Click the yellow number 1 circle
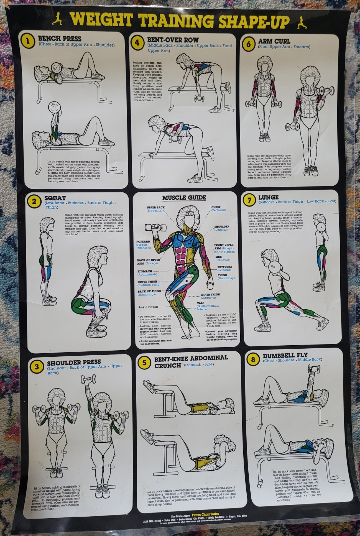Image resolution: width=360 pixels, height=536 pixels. (28, 42)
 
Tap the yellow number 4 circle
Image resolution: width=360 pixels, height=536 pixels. (137, 43)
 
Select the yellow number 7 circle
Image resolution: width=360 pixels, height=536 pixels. (249, 200)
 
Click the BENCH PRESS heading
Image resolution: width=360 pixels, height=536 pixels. (59, 38)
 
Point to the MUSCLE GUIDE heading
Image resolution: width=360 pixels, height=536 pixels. (184, 197)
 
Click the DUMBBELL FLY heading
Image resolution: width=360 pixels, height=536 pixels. (285, 355)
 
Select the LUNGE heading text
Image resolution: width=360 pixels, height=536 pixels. (268, 197)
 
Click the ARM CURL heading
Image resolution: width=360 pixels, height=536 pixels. (274, 42)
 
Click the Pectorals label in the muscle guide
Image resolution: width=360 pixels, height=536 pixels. (218, 211)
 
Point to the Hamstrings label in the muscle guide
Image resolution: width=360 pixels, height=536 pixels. (147, 295)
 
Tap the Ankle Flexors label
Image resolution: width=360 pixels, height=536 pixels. (148, 307)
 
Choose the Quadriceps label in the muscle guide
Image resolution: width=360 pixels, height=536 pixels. (227, 278)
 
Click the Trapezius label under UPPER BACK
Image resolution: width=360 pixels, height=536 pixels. (156, 211)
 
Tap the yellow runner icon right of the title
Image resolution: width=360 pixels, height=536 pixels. (302, 22)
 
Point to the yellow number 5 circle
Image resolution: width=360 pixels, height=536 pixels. (144, 363)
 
